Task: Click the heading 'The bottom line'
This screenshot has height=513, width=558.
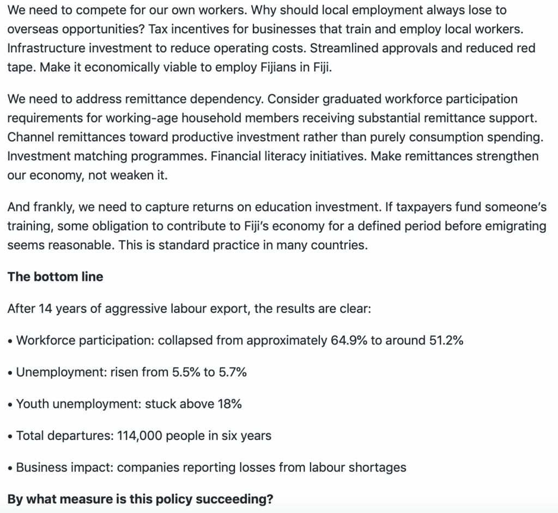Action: coord(55,276)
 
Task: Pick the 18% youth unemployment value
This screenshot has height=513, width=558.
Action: coord(230,403)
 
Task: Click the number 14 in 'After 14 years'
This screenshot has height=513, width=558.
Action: coord(45,309)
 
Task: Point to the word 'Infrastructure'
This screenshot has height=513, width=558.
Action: coord(45,48)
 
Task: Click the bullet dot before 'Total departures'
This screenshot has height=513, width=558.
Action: coord(10,436)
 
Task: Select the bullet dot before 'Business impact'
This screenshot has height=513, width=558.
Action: coord(10,468)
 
